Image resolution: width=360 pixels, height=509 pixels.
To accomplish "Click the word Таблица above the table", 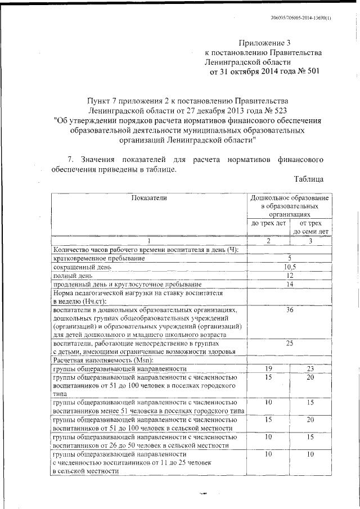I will pyautogui.click(x=308, y=179).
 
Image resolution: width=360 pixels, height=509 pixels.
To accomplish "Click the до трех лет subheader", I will pyautogui.click(x=268, y=223).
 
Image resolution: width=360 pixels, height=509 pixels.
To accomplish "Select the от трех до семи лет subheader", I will pyautogui.click(x=310, y=227).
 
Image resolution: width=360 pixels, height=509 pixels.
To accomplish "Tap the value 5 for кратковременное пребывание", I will pyautogui.click(x=289, y=258).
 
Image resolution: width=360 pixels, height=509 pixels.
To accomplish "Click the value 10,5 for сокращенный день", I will pyautogui.click(x=289, y=267).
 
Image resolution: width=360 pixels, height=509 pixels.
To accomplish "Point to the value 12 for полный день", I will pyautogui.click(x=289, y=276).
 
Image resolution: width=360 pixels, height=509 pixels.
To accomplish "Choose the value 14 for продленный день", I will pyautogui.click(x=289, y=285).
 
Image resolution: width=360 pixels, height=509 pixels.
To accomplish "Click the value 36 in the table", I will pyautogui.click(x=289, y=310).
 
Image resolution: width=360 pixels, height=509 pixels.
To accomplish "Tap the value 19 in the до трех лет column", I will pyautogui.click(x=268, y=368).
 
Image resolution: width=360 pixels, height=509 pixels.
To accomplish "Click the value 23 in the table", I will pyautogui.click(x=310, y=368).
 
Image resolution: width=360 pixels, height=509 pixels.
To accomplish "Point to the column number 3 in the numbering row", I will pyautogui.click(x=310, y=241).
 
